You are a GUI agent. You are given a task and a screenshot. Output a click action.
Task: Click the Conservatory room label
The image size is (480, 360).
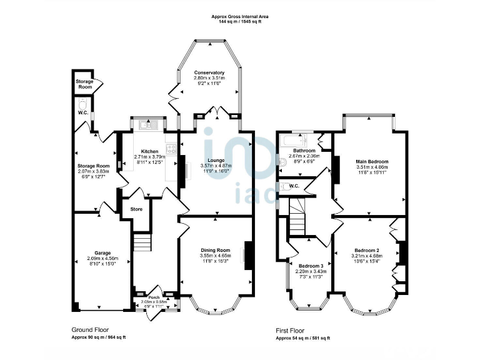[209, 72]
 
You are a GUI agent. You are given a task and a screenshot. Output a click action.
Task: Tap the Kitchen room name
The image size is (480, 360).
[149, 151]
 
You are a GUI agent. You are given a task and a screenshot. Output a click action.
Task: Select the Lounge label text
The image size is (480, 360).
[216, 161]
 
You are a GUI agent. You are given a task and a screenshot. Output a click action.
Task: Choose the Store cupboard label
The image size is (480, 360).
[136, 209]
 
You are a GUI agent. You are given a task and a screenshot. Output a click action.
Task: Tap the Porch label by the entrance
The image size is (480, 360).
[154, 297]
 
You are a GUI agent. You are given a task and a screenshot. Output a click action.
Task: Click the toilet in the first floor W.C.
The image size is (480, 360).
[284, 186]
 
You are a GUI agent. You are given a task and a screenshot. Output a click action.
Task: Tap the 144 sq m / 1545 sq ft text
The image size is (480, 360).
[240, 21]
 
